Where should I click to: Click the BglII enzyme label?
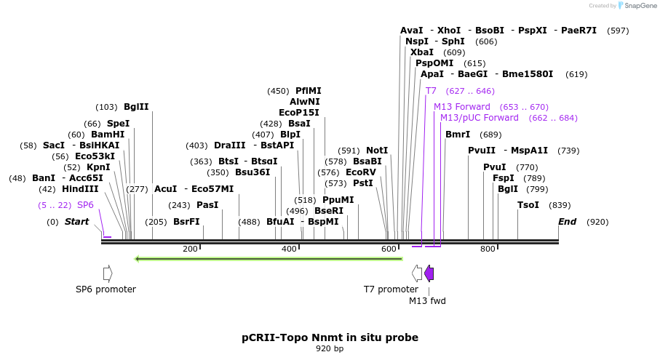coord(136,107)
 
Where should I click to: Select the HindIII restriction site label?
coord(80,189)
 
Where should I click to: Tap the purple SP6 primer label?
coord(85,205)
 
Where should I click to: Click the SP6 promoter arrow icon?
coord(108,273)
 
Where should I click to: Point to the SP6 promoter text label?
coord(106,289)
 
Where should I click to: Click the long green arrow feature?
coord(269,258)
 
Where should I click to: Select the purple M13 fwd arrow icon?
coord(429,273)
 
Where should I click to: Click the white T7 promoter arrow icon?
coord(417,273)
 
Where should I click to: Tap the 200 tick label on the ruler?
coord(190,249)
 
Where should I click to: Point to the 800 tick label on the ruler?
coord(488,249)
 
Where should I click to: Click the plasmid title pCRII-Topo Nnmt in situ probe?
coord(330,337)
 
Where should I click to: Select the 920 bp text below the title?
coord(330,349)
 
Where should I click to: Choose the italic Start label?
coord(76,222)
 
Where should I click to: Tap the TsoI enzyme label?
coord(528,205)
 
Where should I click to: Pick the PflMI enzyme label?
coord(308,91)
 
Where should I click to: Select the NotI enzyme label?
coord(377,151)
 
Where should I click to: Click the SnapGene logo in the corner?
coord(633,6)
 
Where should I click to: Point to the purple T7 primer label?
coord(431,91)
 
